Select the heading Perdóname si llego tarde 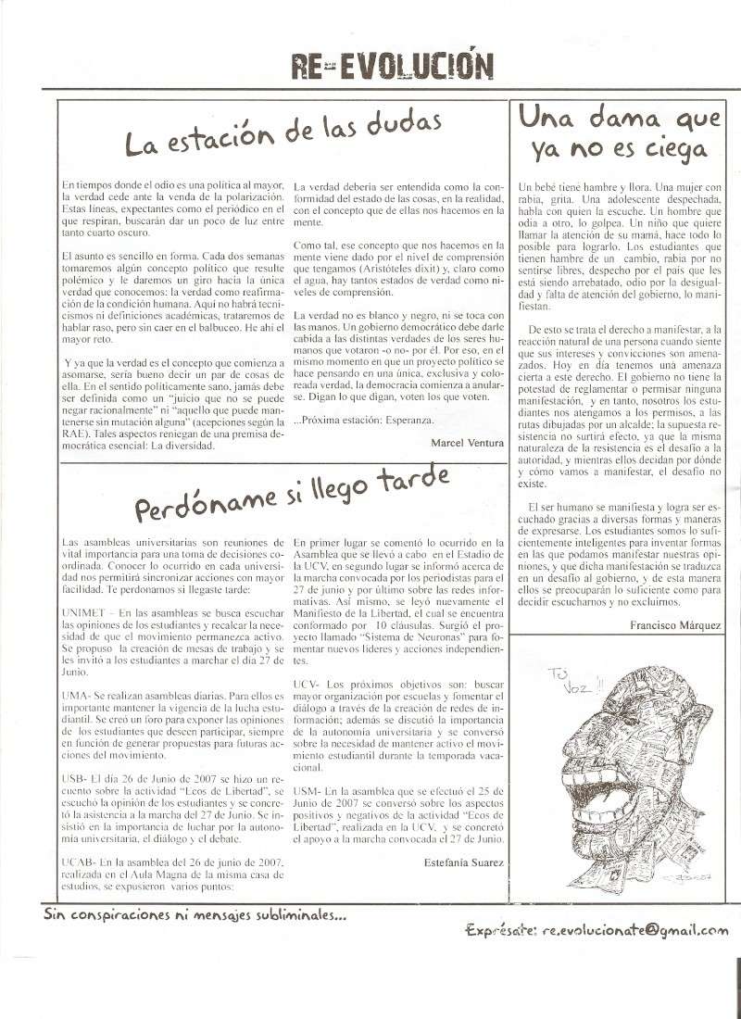pos(293,494)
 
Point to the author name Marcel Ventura pos(468,444)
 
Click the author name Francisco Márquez pos(673,625)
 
